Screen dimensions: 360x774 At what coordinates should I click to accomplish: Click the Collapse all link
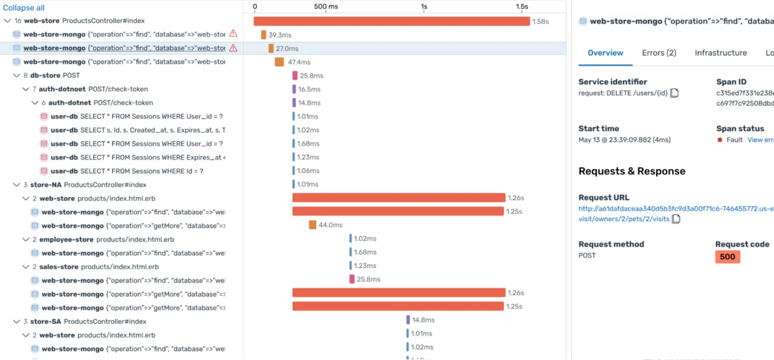click(24, 8)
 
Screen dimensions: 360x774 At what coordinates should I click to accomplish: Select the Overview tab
click(605, 53)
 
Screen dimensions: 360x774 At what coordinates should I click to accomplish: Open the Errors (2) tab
click(659, 53)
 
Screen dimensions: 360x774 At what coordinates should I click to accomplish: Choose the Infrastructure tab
click(720, 53)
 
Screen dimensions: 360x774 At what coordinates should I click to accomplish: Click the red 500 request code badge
click(727, 256)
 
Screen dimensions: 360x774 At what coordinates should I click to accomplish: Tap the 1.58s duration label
click(540, 22)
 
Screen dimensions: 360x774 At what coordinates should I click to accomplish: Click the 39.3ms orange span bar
click(263, 35)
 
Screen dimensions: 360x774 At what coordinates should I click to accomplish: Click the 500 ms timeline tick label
click(326, 6)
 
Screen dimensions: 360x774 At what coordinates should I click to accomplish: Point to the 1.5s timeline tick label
click(521, 6)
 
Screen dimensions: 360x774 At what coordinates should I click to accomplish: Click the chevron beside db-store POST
click(17, 75)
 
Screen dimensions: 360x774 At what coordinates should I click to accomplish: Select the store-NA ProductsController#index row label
click(88, 185)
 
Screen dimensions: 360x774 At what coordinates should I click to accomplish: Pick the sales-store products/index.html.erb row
click(99, 267)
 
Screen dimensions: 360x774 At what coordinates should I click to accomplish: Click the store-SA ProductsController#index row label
click(88, 322)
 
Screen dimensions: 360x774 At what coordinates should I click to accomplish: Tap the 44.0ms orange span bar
click(312, 225)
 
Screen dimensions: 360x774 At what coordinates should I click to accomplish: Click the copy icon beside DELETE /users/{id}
click(674, 93)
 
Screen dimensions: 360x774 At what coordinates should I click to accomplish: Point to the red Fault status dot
click(720, 140)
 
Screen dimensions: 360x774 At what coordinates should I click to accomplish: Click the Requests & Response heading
click(631, 171)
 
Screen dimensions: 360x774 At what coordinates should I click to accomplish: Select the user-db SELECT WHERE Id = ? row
click(127, 171)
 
